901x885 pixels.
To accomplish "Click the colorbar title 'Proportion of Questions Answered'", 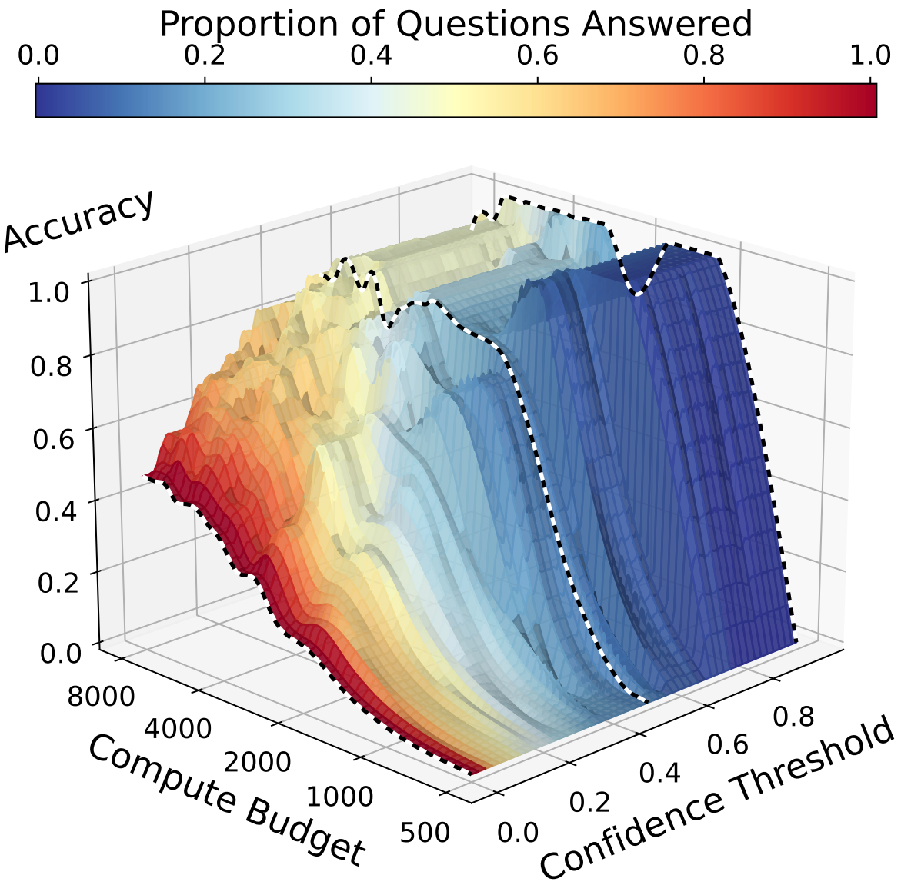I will pos(455,24).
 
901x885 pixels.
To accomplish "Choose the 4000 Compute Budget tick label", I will pos(178,728).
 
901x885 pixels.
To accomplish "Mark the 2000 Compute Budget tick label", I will pos(258,762).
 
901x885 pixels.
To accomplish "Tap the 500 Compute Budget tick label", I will pos(425,833).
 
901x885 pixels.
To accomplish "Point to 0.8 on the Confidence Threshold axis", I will pos(793,716).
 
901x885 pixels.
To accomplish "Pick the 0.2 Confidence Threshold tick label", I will pos(589,802).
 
